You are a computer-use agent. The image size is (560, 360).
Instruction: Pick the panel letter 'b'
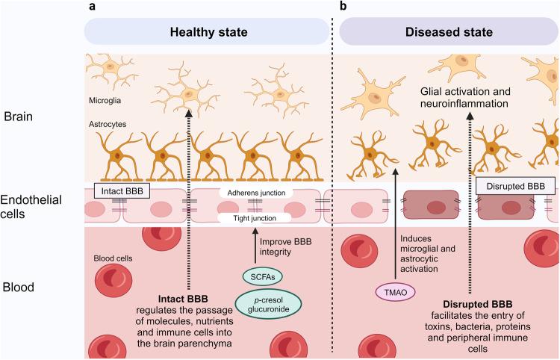[343, 7]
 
